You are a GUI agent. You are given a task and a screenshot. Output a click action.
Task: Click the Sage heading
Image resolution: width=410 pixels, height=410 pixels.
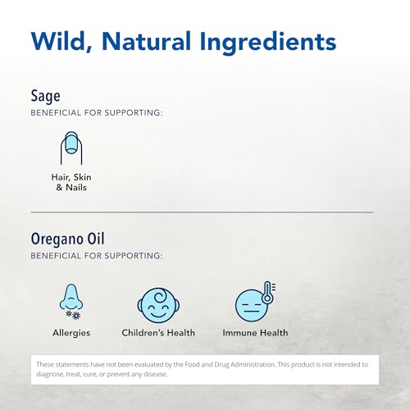[46, 96]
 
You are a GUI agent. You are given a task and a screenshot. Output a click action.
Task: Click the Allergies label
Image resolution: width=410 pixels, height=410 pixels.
[71, 333]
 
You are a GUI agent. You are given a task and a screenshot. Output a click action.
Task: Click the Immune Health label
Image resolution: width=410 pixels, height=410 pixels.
[255, 333]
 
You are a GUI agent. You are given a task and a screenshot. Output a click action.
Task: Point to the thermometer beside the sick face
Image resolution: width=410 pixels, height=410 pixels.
[269, 293]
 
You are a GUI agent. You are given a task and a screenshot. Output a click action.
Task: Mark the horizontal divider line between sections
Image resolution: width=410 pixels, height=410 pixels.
[202, 212]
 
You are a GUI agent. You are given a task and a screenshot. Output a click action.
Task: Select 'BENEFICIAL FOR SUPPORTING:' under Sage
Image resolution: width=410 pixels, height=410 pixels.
[96, 112]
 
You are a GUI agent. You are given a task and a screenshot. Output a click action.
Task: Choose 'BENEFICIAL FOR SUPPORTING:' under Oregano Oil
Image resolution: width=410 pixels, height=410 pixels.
[96, 257]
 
